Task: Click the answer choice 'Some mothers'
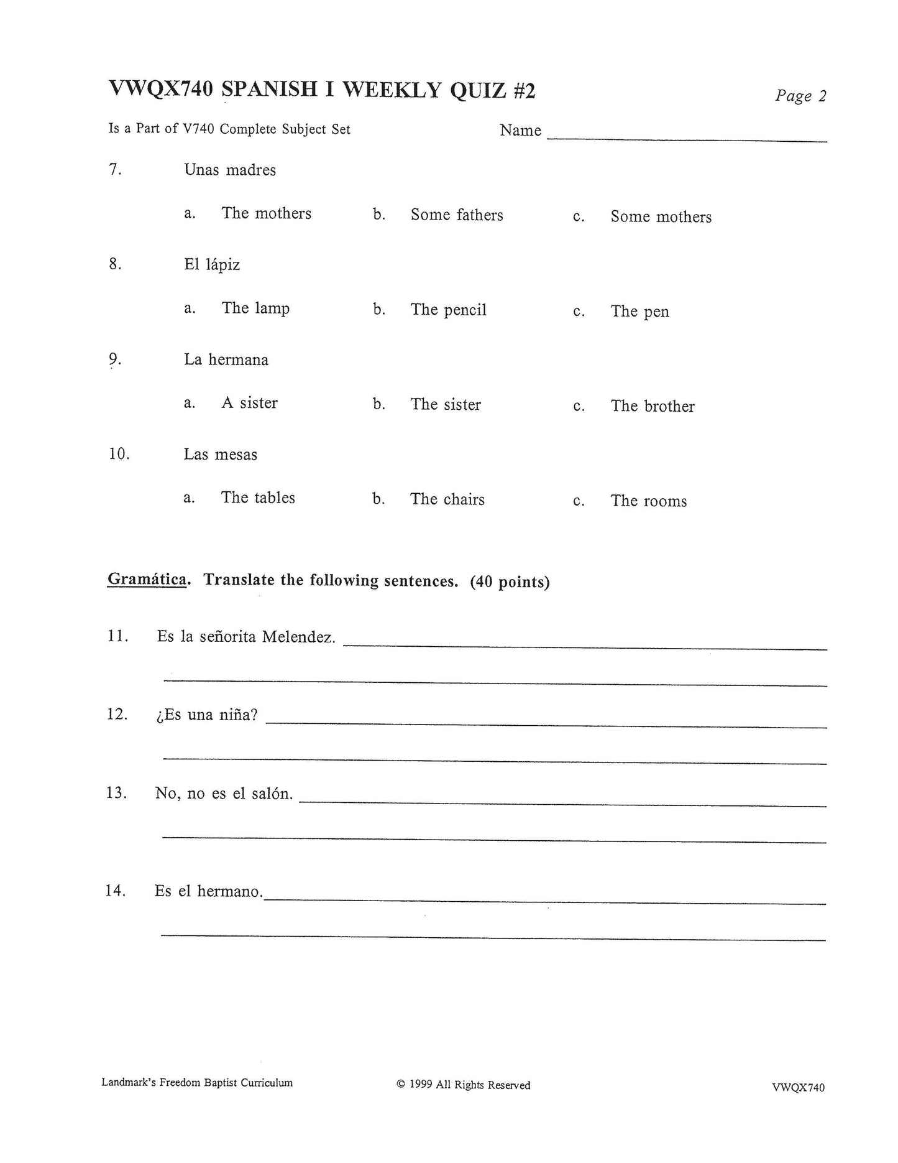coord(661,216)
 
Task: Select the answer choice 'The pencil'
coord(448,310)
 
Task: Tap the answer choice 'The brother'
coord(653,406)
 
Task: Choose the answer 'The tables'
coord(258,498)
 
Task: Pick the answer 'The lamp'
coord(255,308)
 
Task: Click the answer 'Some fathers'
coord(457,215)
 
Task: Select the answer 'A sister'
coord(249,403)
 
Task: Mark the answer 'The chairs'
coord(447,499)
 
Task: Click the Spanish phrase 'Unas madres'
coord(230,170)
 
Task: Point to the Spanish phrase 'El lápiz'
coord(212,265)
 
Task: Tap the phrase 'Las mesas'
coord(220,455)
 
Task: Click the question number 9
coord(115,359)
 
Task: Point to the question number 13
coord(116,793)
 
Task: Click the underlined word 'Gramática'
coord(147,579)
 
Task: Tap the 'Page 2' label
coord(800,96)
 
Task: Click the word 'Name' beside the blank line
coord(520,131)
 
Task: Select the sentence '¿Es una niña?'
coord(207,715)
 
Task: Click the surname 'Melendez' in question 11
coord(299,637)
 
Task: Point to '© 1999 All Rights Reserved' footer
coord(464,1085)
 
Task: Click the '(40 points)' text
coord(510,582)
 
